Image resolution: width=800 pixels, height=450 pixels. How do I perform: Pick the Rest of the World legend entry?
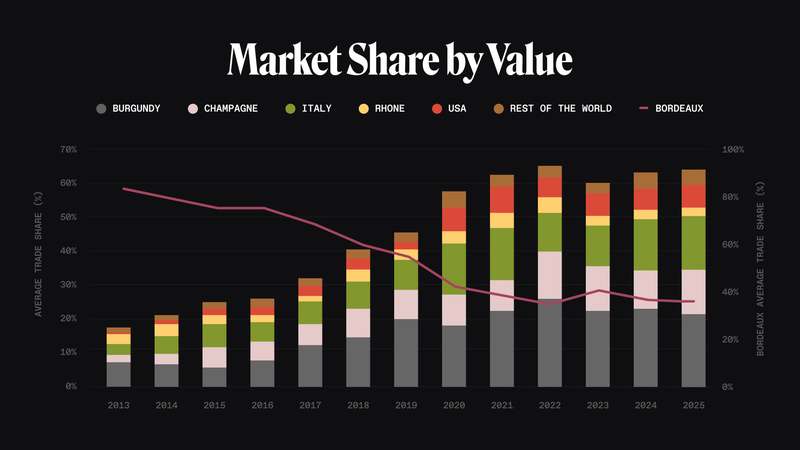pyautogui.click(x=559, y=108)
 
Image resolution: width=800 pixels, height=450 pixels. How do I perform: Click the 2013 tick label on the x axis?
pyautogui.click(x=119, y=404)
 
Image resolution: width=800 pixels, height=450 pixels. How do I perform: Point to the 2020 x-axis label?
pyautogui.click(x=454, y=404)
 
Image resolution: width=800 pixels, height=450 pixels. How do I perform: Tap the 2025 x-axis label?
pyautogui.click(x=694, y=404)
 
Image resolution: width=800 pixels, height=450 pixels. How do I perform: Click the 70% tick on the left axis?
pyautogui.click(x=68, y=150)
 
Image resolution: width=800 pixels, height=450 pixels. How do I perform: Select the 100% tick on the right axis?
pyautogui.click(x=733, y=150)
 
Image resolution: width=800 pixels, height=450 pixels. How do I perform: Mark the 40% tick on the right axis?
pyautogui.click(x=733, y=292)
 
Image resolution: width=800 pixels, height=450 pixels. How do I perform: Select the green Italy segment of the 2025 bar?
pyautogui.click(x=694, y=242)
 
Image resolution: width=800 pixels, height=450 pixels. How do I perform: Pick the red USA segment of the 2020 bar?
pyautogui.click(x=454, y=219)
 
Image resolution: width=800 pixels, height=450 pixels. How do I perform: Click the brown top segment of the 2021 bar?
pyautogui.click(x=502, y=181)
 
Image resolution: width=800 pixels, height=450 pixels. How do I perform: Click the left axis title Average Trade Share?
pyautogui.click(x=38, y=268)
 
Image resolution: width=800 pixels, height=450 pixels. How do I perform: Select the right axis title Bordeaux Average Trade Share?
pyautogui.click(x=764, y=268)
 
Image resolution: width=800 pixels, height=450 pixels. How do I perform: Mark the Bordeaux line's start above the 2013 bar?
pyautogui.click(x=122, y=188)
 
